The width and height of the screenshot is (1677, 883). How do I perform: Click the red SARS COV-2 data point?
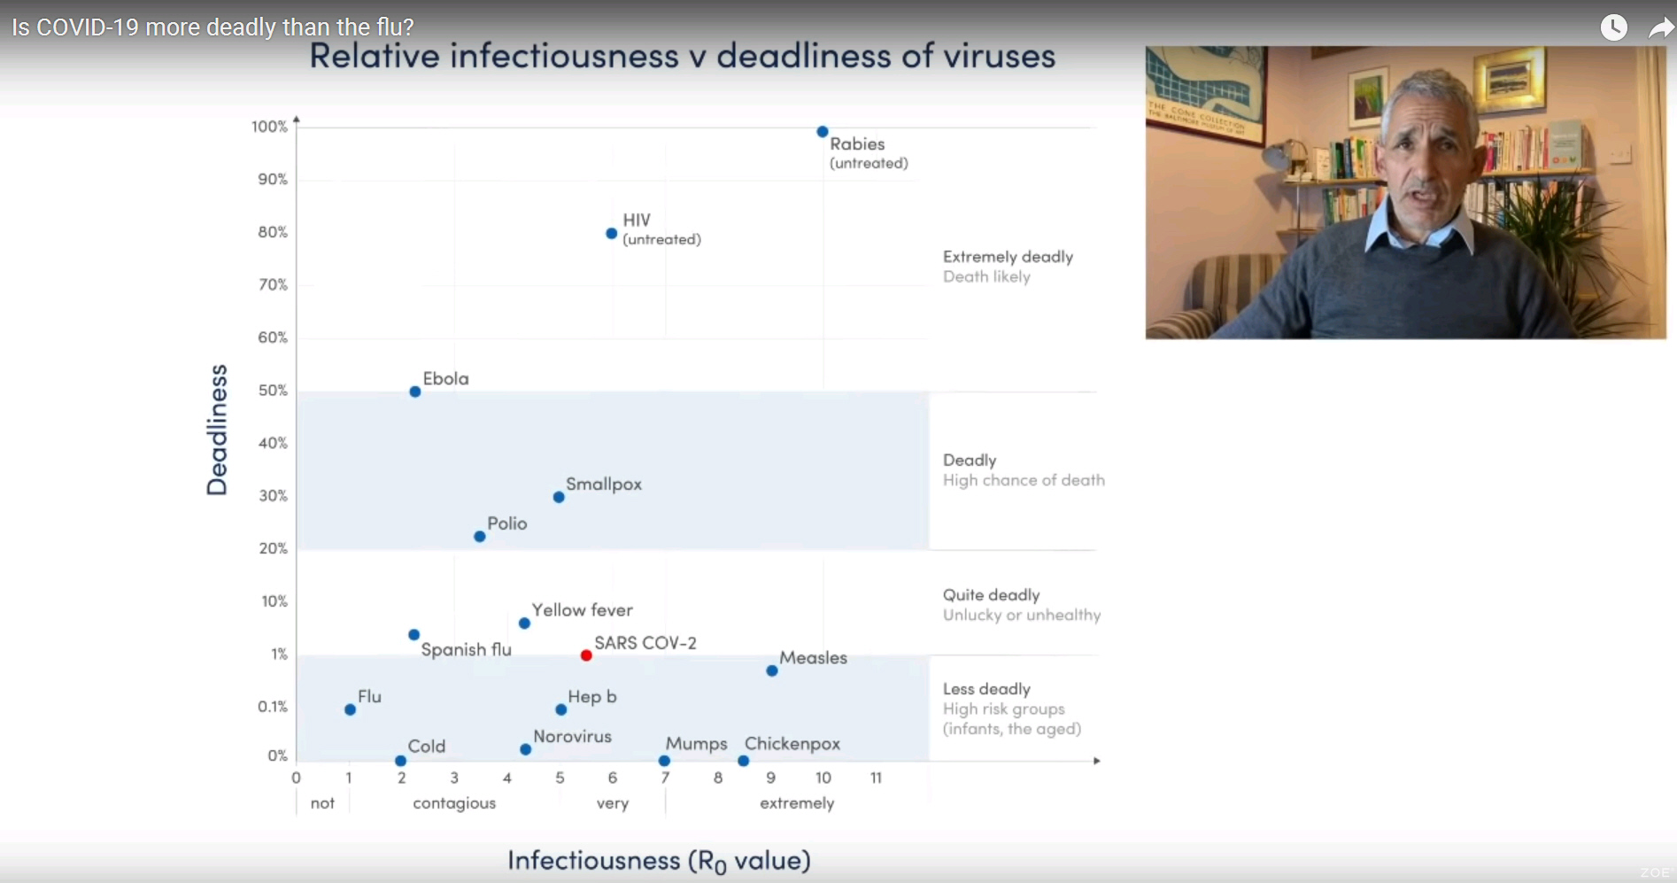(586, 655)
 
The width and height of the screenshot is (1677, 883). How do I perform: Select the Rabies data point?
(823, 132)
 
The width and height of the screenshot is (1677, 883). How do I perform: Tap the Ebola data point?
(415, 391)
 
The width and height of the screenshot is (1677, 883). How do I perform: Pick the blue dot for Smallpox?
(559, 497)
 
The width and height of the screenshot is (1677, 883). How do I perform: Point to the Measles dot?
(772, 670)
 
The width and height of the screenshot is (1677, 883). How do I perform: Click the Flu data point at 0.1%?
(351, 709)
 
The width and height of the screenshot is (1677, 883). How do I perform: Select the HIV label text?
(637, 220)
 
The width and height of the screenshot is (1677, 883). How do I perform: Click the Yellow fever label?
(583, 610)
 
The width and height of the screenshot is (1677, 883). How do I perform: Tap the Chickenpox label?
(792, 744)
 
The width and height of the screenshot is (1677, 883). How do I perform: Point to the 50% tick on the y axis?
(273, 391)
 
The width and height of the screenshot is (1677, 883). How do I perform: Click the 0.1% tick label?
(273, 707)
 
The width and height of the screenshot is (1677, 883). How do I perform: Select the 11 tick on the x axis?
(876, 778)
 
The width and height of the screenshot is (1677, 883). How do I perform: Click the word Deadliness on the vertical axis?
(217, 430)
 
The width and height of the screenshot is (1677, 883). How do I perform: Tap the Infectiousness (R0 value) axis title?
(660, 861)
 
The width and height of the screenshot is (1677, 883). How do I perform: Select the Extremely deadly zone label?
(1009, 257)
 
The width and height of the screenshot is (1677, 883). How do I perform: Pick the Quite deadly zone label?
(992, 595)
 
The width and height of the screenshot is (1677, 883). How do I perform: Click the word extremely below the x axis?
(797, 803)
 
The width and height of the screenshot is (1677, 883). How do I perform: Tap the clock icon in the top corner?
(1614, 27)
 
